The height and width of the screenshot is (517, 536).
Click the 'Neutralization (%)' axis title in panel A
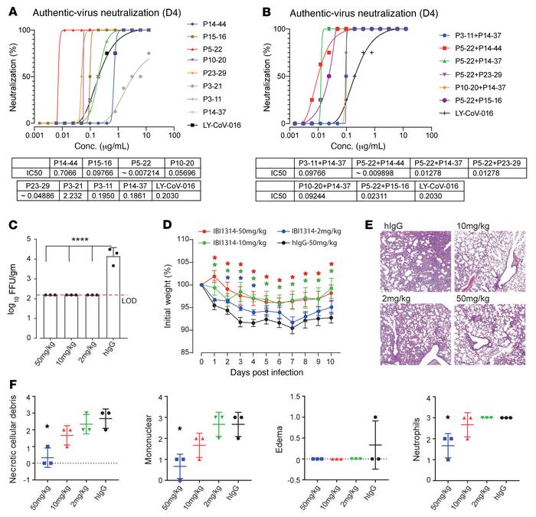10,74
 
